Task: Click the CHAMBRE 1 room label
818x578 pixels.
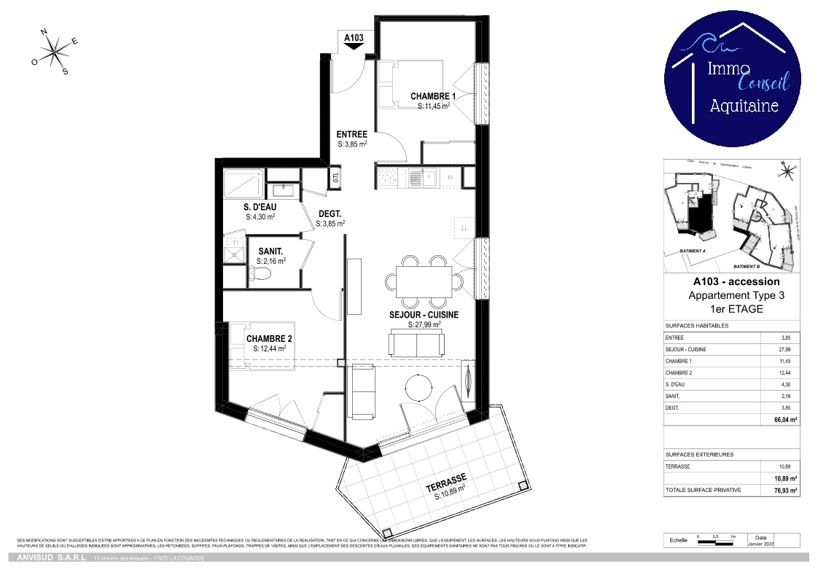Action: pyautogui.click(x=433, y=96)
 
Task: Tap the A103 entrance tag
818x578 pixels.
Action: pyautogui.click(x=354, y=38)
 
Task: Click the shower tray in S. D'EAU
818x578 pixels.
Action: pyautogui.click(x=244, y=184)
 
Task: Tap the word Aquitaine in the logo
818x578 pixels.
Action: pyautogui.click(x=744, y=106)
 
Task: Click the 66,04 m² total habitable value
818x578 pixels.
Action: pyautogui.click(x=784, y=420)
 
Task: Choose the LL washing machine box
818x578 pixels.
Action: pyautogui.click(x=464, y=227)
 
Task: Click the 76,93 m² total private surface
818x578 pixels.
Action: pyautogui.click(x=784, y=491)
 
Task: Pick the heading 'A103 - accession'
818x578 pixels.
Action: pyautogui.click(x=736, y=281)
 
